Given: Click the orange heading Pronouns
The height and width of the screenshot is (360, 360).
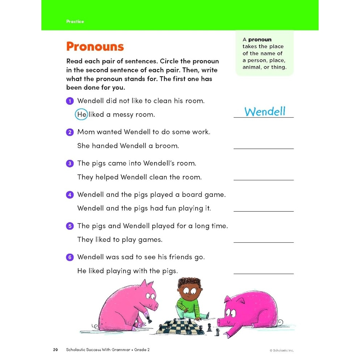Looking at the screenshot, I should pos(95,47).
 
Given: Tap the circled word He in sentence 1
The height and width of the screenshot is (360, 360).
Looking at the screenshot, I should pos(82,114).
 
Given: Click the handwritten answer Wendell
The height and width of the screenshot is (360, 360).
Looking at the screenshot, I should pos(265,112).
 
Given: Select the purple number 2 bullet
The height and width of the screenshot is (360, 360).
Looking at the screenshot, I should pos(70,132).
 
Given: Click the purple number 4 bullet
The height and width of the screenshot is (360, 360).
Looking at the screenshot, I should pos(70,195).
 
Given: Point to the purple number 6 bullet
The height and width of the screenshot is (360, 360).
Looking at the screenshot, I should pos(70,257).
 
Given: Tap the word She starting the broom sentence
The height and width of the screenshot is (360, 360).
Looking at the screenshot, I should pos(84,146).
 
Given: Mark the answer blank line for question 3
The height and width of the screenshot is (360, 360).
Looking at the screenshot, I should pos(264,180).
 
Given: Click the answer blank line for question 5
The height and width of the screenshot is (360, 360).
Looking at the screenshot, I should pos(264,242).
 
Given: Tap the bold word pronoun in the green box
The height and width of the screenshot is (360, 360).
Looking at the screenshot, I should pos(260,40).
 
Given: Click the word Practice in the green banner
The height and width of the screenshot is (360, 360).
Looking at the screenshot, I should pos(75,22).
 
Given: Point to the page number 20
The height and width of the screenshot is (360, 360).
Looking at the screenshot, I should pos(55,350).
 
